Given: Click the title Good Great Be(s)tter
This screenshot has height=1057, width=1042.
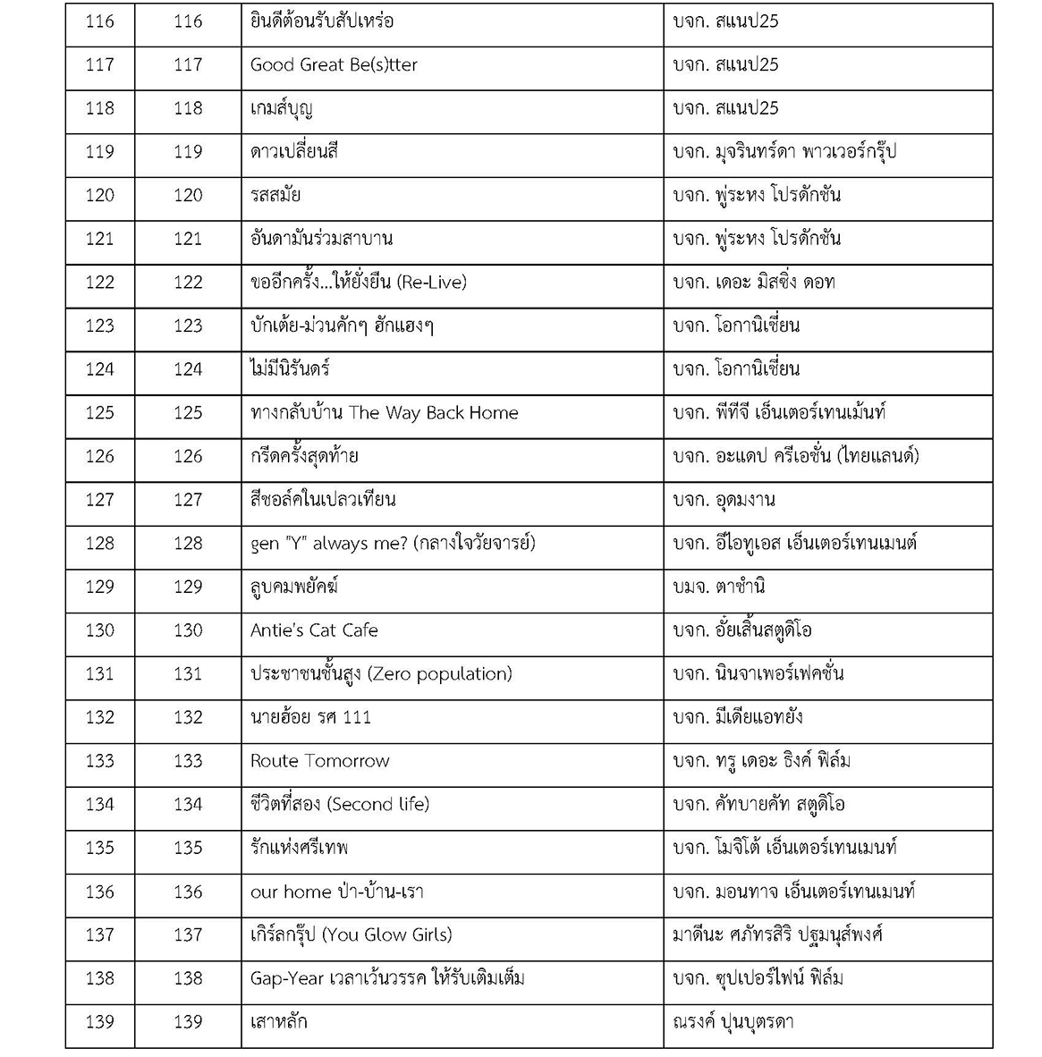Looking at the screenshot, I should point(334,65).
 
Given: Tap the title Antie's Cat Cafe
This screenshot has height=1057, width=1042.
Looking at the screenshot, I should point(314,630).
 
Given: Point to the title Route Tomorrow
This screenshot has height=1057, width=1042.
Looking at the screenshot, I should point(319,761).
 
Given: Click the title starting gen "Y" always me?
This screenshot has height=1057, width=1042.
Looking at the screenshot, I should point(393,544).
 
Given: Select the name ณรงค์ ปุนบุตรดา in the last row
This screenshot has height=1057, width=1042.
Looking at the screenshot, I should point(733,1022).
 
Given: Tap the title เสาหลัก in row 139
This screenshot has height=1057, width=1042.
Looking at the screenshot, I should point(279,1022).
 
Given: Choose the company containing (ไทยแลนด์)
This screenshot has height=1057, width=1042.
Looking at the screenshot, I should point(796,457).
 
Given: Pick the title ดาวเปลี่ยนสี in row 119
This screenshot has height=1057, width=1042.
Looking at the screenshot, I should point(294,152).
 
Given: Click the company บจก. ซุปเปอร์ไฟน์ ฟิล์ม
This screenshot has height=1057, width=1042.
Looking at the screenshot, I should point(758,978).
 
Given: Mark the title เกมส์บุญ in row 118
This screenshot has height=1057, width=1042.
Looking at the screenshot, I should point(282,109).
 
